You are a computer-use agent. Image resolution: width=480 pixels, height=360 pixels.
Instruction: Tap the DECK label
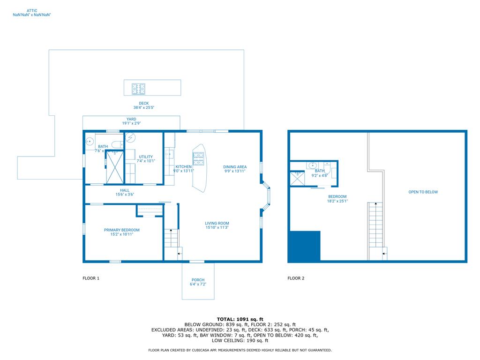click(143, 103)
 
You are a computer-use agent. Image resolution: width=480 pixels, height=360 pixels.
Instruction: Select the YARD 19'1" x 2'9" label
click(131, 121)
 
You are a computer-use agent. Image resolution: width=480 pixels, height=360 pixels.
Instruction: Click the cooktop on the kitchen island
click(199, 158)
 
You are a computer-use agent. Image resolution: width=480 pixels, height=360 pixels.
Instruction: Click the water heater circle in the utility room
click(131, 137)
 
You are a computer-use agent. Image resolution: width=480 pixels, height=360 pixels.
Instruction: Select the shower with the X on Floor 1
click(115, 167)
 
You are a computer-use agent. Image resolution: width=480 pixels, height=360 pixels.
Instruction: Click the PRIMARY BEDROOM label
click(121, 230)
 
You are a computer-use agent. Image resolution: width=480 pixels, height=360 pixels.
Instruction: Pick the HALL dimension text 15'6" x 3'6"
click(125, 195)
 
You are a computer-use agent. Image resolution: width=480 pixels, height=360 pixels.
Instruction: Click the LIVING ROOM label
click(217, 223)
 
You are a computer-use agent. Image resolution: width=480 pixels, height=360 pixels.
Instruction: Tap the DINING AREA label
click(235, 167)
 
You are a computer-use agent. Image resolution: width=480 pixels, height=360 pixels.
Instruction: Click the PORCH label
click(198, 280)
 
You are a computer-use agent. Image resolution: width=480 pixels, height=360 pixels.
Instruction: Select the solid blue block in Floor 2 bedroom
click(304, 246)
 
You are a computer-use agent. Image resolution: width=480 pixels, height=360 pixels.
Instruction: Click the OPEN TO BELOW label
click(423, 192)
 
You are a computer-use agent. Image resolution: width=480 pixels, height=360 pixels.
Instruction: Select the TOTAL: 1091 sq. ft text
click(240, 319)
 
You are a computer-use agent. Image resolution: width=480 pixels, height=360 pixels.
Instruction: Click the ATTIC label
click(32, 10)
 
